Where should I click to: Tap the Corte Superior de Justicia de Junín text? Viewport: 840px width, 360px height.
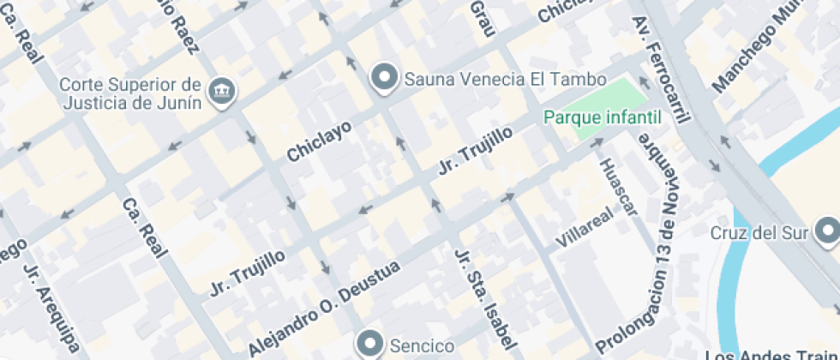(x=131, y=93)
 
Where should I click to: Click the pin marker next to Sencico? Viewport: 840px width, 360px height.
(x=371, y=344)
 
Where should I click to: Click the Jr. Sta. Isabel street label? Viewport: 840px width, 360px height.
(x=486, y=304)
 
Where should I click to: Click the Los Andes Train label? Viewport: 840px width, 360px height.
(x=771, y=355)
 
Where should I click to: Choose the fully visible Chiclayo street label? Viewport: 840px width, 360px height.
(x=319, y=141)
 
